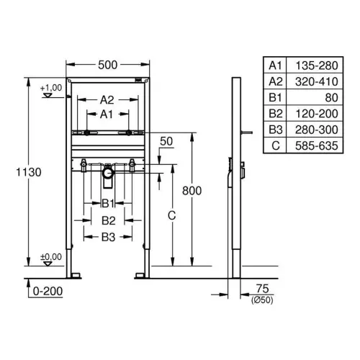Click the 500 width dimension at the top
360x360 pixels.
point(108,65)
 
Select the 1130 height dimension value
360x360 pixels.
point(29,172)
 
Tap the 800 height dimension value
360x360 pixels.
point(192,191)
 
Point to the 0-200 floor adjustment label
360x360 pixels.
point(48,291)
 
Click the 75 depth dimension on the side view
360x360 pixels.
point(262,289)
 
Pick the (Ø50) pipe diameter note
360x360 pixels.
point(262,300)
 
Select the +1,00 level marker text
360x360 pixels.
point(51,88)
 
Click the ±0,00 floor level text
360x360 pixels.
point(51,257)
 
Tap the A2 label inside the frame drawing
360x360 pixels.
point(107,100)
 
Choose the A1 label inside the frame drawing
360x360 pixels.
point(107,114)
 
